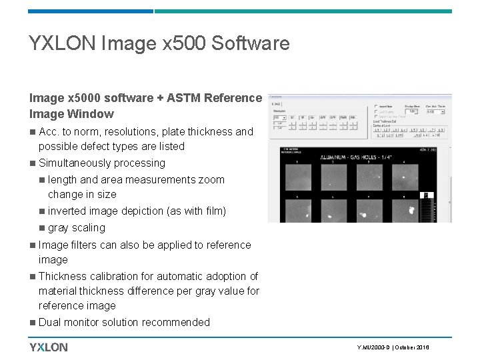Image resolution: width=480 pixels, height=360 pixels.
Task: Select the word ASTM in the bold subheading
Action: pyautogui.click(x=183, y=99)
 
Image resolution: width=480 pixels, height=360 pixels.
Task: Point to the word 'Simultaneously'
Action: pyautogui.click(x=75, y=163)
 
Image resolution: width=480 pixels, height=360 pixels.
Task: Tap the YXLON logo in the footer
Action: pyautogui.click(x=48, y=347)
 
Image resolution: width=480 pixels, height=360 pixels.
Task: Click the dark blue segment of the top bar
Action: pyautogui.click(x=91, y=11)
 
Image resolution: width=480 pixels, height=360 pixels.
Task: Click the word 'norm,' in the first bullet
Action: pyautogui.click(x=87, y=132)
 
